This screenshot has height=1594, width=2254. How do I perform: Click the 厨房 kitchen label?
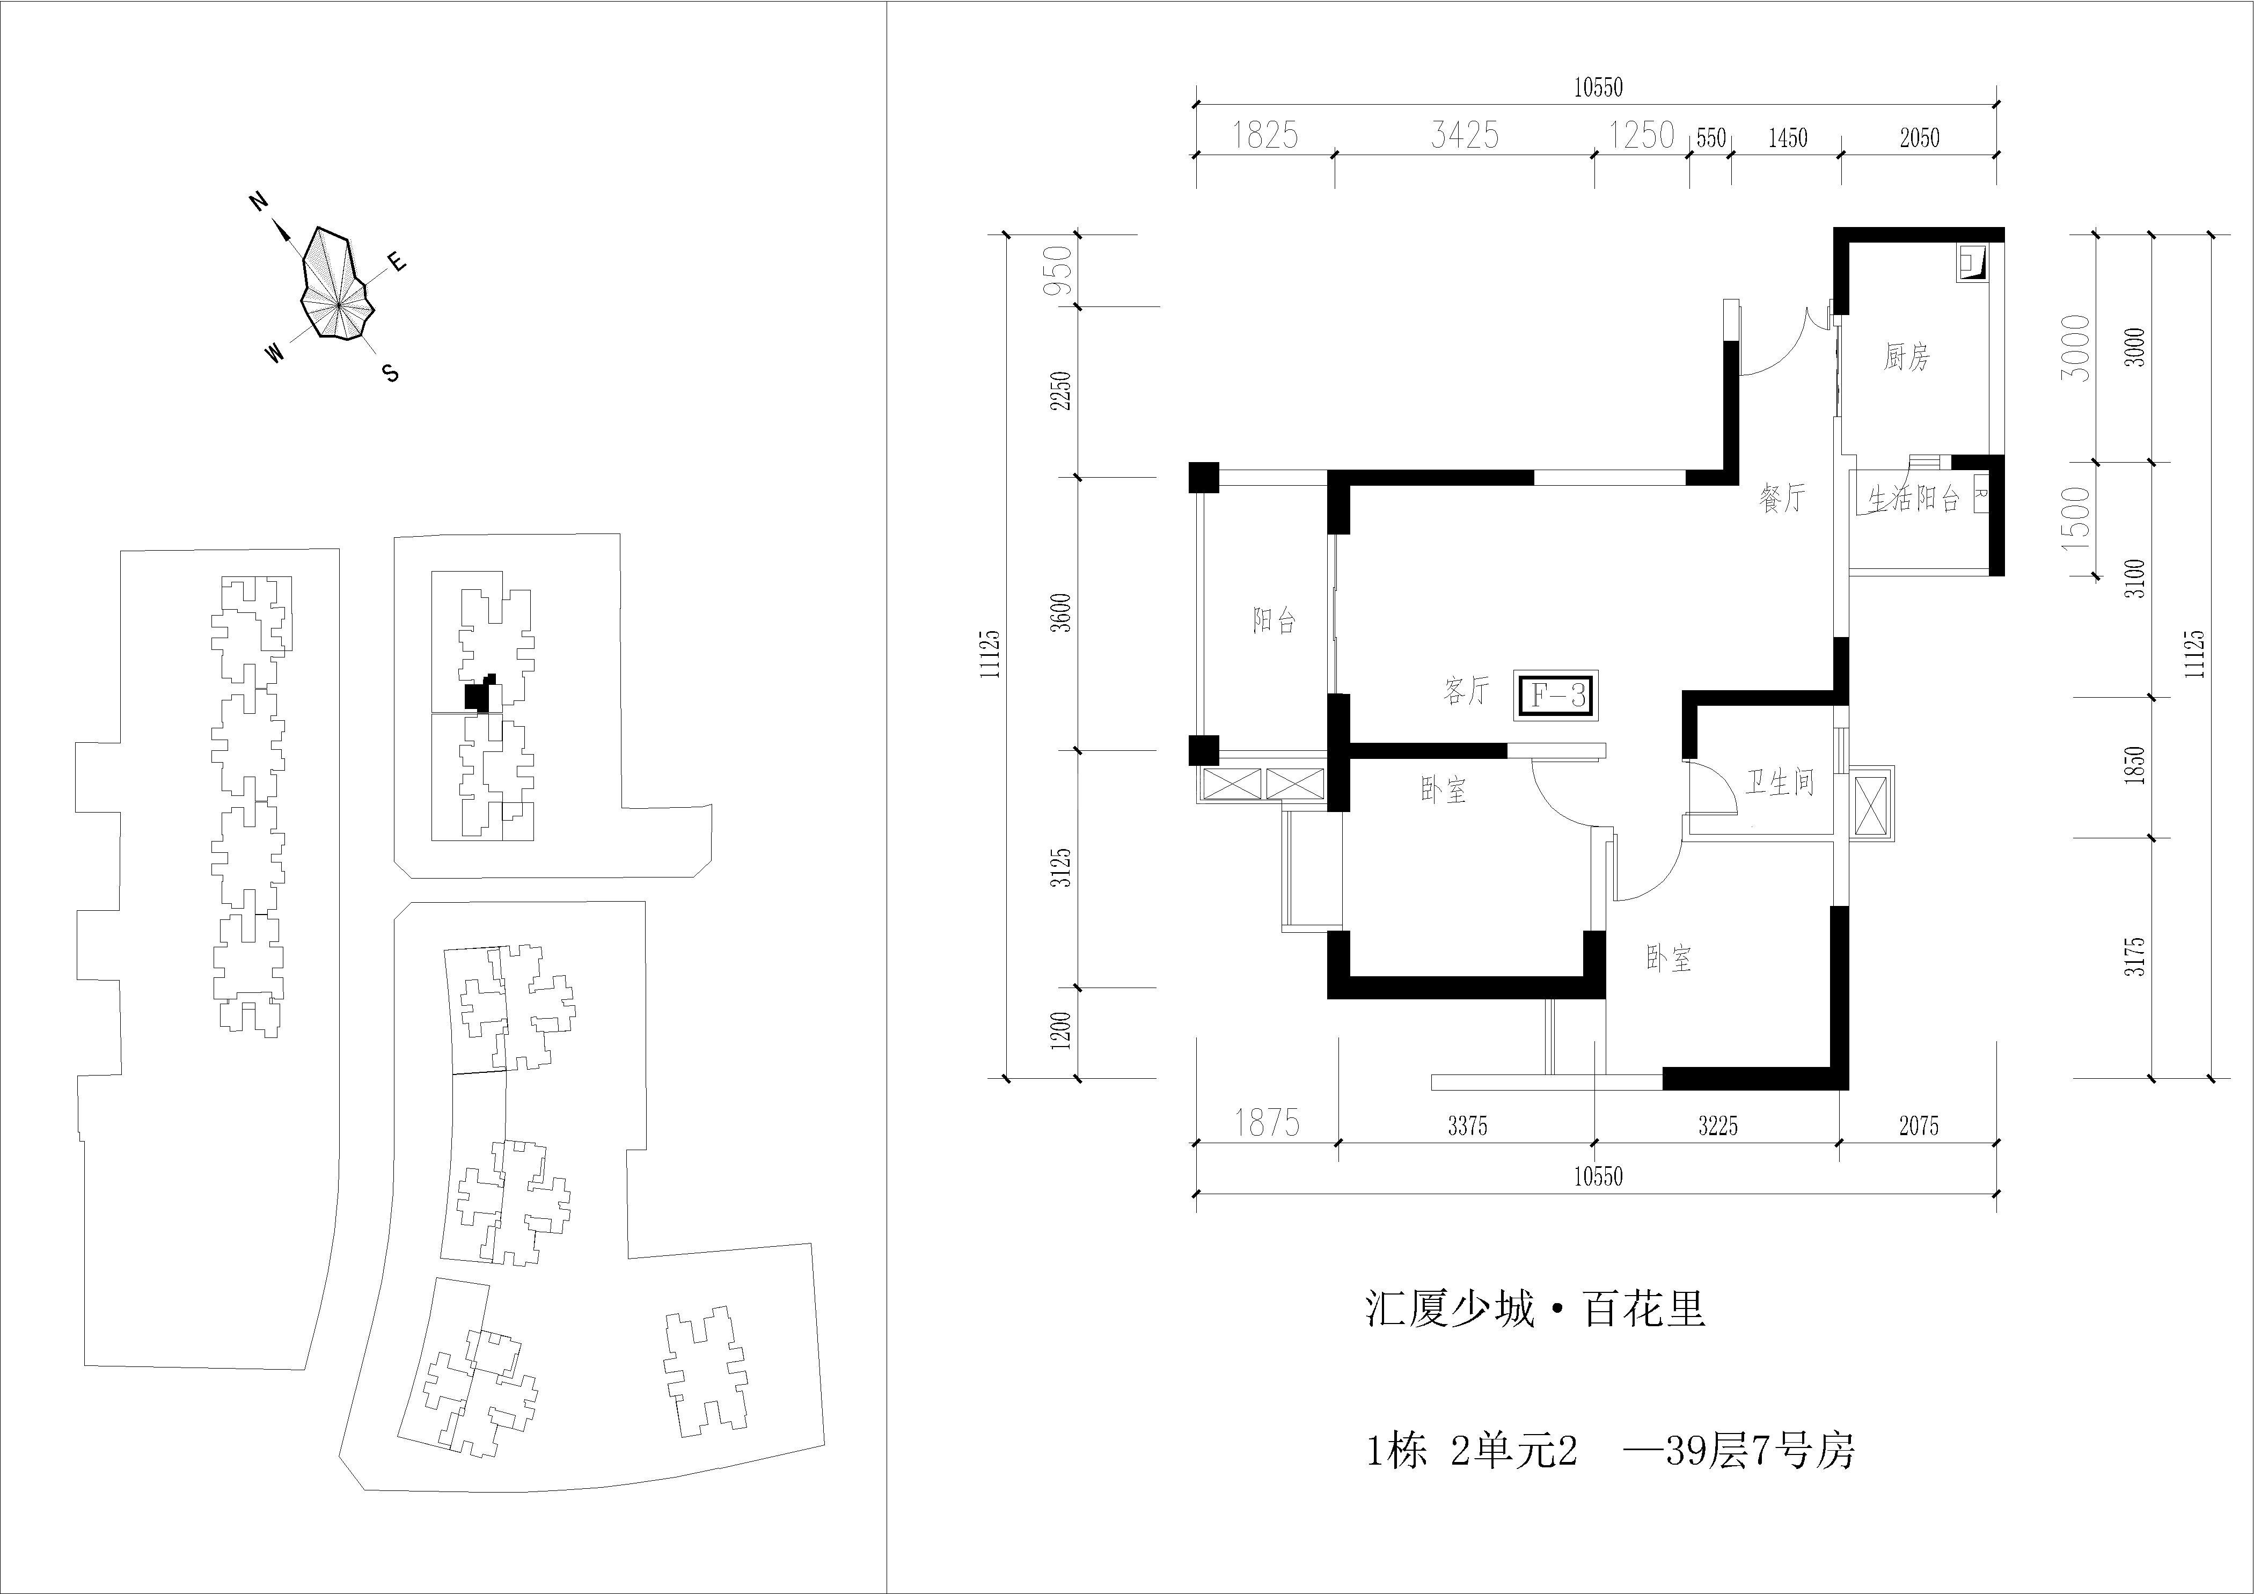tap(1906, 357)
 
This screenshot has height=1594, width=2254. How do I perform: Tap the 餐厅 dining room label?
tap(1782, 499)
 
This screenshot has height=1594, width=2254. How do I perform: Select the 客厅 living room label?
tap(1467, 691)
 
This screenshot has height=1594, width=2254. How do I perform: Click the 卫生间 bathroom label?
tap(1780, 783)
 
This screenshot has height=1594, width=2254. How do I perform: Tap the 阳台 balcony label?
tap(1274, 620)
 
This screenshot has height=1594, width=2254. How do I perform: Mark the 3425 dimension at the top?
tap(1465, 135)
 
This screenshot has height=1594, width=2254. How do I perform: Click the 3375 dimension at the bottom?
tap(1468, 1127)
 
